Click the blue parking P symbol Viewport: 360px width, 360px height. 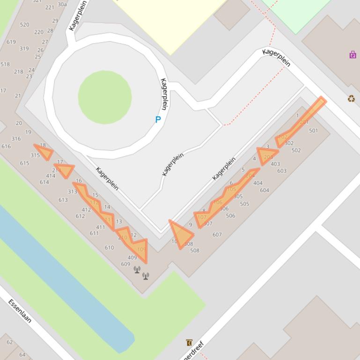point(158,120)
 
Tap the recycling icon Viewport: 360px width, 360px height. point(351,99)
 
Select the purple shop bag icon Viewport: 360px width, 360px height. point(353,55)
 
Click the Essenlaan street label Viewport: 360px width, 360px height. point(20,311)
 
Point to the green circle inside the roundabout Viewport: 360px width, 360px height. point(104,97)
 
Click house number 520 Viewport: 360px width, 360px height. point(24,25)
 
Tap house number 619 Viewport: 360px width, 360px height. point(11,42)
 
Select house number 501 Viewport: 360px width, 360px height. point(313,131)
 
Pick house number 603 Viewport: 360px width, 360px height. point(281,171)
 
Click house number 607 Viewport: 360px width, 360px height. point(217,235)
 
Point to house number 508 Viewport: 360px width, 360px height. point(195,251)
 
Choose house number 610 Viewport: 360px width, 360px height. point(109,248)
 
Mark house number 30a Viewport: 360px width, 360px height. point(62,5)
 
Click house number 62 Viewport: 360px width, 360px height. point(9,342)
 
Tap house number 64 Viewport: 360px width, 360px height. point(22,355)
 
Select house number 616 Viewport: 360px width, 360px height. point(6,146)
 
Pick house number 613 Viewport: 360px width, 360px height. point(63,200)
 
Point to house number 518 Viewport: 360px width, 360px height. point(5,65)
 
